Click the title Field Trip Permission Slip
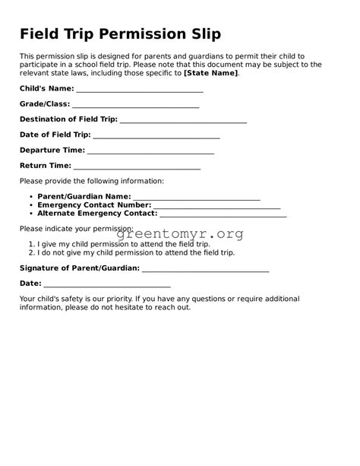pos(120,34)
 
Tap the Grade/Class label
pos(45,103)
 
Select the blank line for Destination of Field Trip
pos(183,120)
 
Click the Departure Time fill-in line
pos(150,151)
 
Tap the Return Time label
pos(46,166)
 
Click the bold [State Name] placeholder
pos(211,73)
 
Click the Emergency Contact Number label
pos(94,205)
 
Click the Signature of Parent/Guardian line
pos(205,269)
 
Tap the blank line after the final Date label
pos(107,284)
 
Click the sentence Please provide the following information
pos(92,181)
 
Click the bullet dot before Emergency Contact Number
pos(30,205)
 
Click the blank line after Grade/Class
pos(135,105)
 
